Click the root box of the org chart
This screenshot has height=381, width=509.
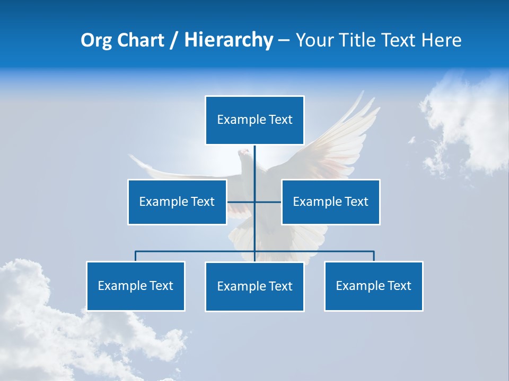(254, 120)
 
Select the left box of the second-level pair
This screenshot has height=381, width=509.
(177, 202)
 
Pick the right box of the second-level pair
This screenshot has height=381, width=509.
(330, 202)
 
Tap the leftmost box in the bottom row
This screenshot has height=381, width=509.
(136, 286)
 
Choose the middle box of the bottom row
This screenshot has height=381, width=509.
(254, 286)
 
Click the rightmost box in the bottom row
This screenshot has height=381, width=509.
(373, 286)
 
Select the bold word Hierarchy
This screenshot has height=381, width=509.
(228, 40)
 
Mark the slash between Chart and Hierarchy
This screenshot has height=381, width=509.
(173, 40)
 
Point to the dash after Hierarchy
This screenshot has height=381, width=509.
(284, 41)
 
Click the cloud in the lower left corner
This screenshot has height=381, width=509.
(42, 317)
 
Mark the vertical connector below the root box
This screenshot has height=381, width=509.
(254, 164)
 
